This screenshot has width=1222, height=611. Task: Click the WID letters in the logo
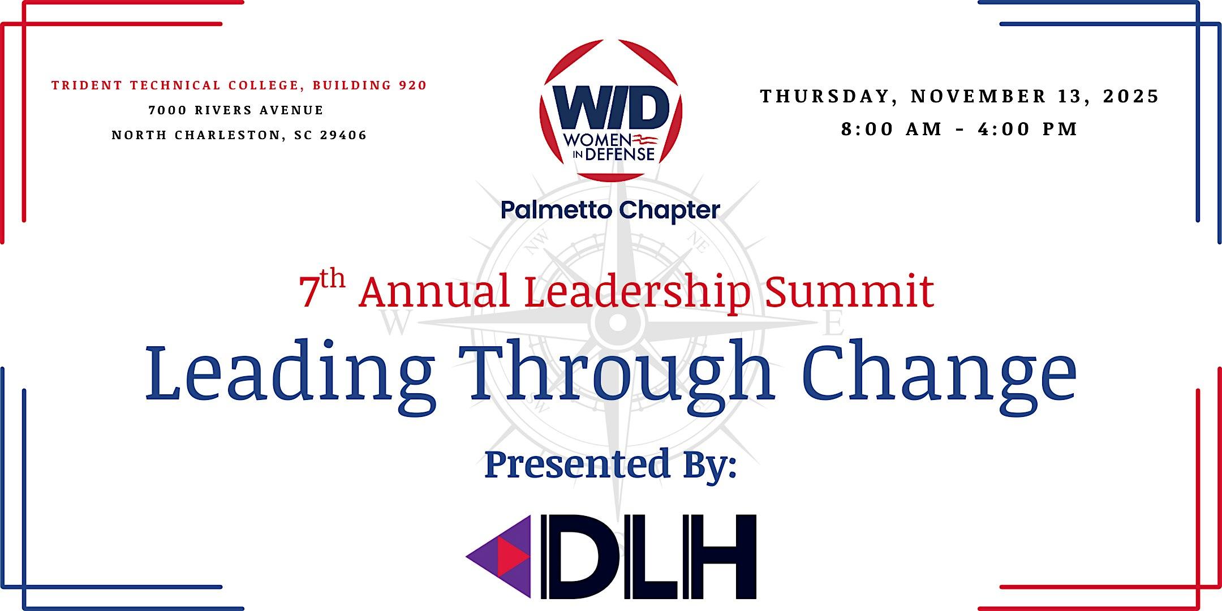(x=611, y=109)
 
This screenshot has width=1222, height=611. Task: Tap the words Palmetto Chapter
(x=610, y=210)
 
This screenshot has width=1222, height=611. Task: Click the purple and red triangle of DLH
(x=498, y=556)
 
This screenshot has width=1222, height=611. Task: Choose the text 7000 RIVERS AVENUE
(x=236, y=110)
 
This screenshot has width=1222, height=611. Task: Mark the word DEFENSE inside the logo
(x=620, y=154)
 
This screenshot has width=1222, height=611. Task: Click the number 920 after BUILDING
(x=412, y=85)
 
